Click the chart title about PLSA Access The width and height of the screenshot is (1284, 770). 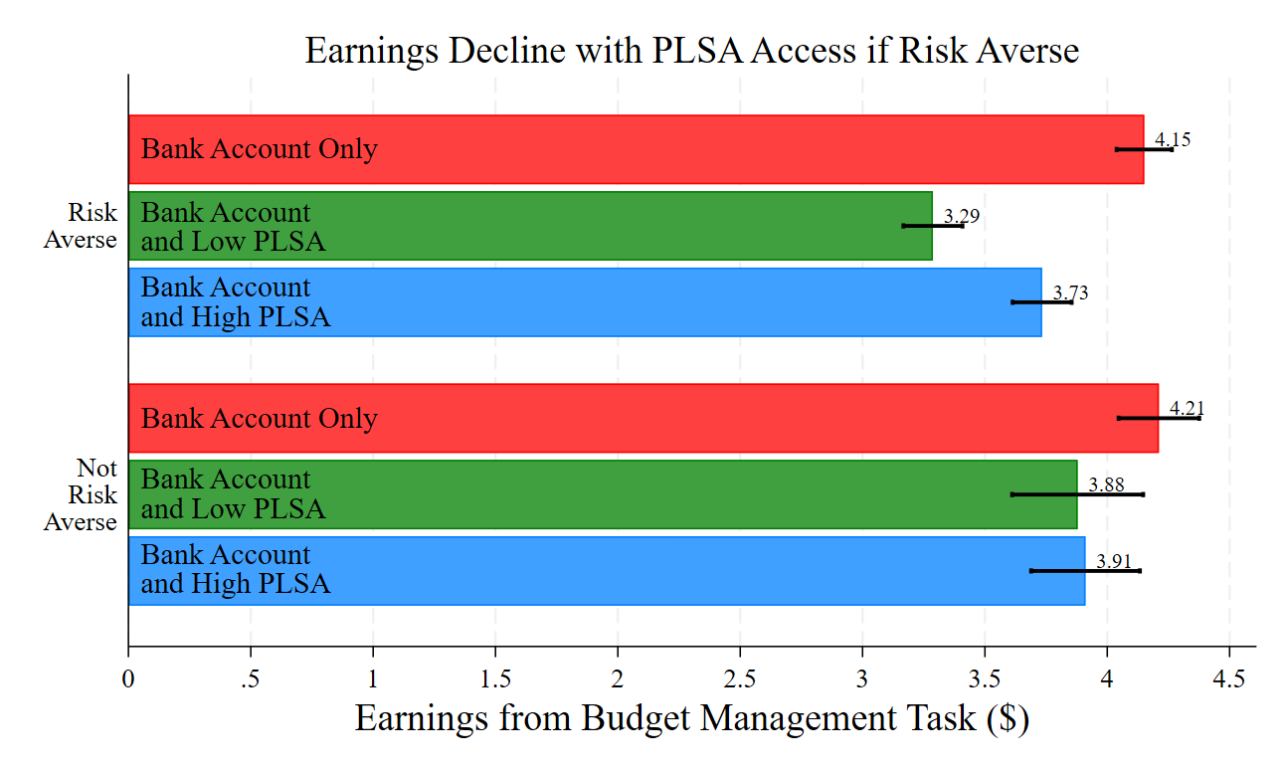pos(691,50)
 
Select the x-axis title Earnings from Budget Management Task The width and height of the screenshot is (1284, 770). pos(691,718)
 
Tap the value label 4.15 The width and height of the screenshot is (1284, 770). pos(1173,139)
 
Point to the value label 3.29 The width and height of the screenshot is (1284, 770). pos(962,216)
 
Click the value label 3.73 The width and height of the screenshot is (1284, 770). pos(1071,292)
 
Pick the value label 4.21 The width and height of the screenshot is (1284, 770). pos(1187,408)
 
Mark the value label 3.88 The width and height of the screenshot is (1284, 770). pos(1106,484)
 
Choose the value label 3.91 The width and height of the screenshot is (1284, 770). pos(1114,561)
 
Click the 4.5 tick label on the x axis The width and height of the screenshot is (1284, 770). pos(1229,679)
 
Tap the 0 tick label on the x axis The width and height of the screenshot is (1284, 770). pos(128,679)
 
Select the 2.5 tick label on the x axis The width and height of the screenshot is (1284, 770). pos(740,679)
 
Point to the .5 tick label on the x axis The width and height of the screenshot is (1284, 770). pos(250,679)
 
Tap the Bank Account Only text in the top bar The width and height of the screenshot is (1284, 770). pos(260,149)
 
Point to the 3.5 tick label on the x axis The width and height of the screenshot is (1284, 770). pos(985,679)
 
